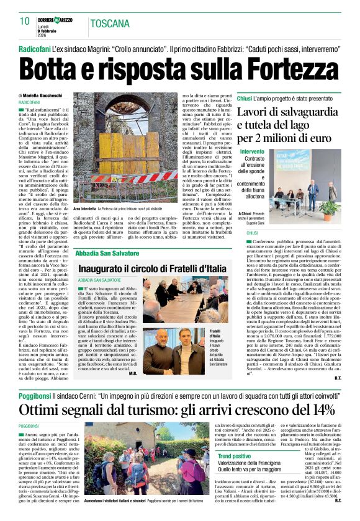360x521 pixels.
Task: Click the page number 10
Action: pos(25,21)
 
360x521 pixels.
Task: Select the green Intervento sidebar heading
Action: pos(252,152)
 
